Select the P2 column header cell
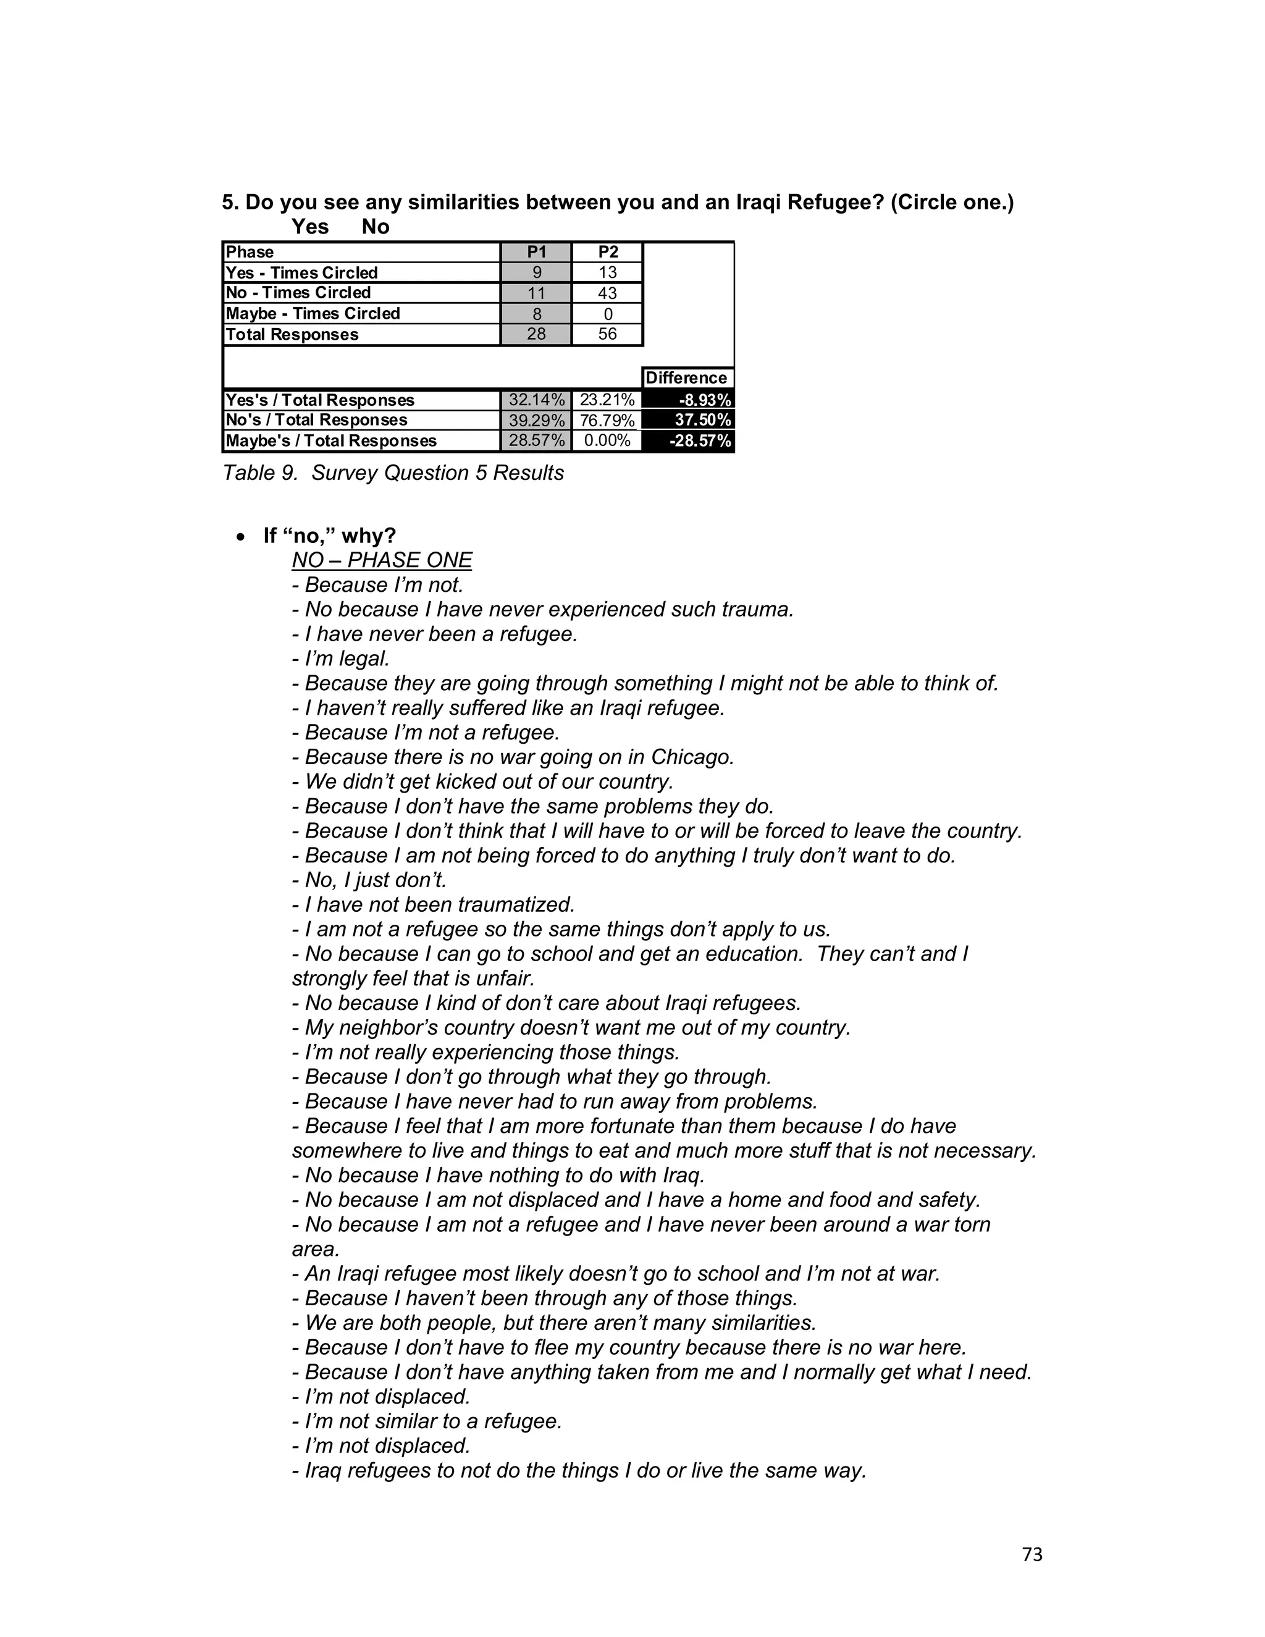tap(607, 252)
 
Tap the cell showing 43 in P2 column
tap(607, 293)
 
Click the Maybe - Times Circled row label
tap(313, 313)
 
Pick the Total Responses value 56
tap(607, 334)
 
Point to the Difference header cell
tap(686, 378)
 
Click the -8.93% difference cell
tap(689, 400)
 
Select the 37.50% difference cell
tap(689, 419)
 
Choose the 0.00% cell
tap(607, 440)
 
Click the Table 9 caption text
tap(393, 473)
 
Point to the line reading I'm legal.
tap(341, 659)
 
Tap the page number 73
tap(1032, 1555)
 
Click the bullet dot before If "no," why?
tap(240, 537)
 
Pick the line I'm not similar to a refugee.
tap(427, 1421)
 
